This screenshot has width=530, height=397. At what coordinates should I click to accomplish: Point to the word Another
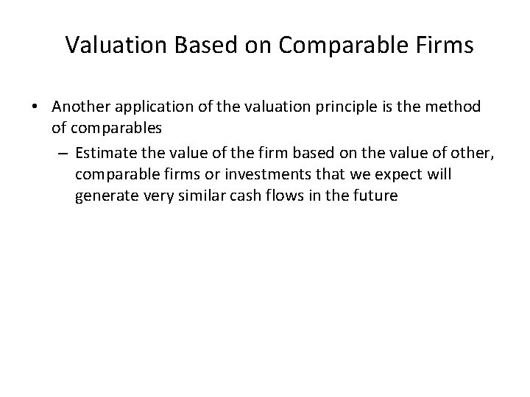80,107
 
